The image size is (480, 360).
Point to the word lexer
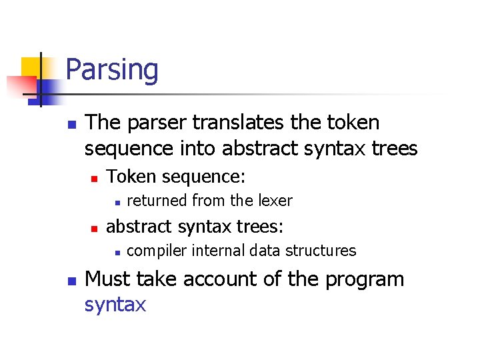coord(273,200)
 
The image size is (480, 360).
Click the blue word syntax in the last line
coord(115,305)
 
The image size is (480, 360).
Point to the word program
coord(365,280)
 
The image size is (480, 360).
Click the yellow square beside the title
coord(31,67)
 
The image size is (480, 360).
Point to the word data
coord(267,251)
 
